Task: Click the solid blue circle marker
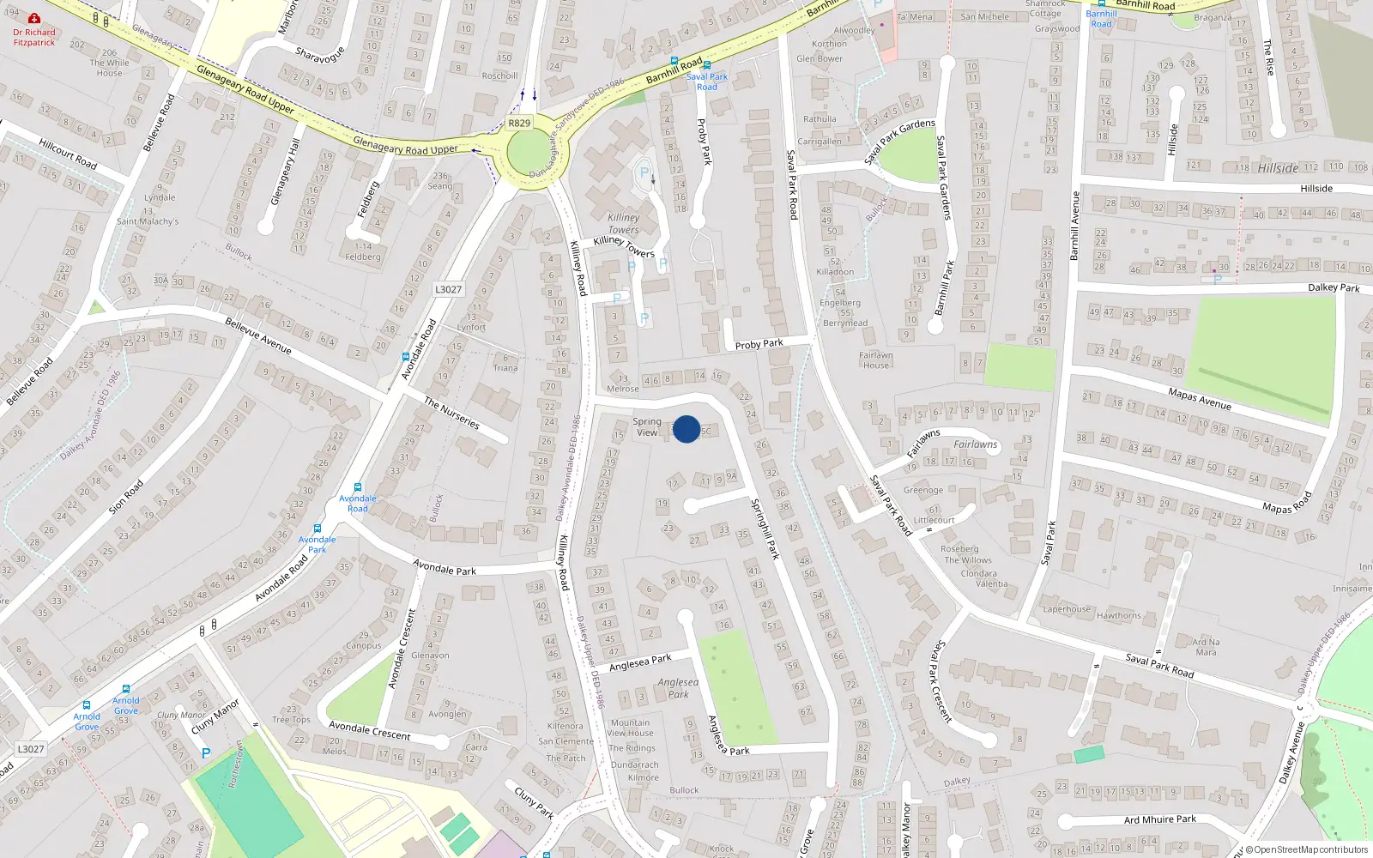[686, 429]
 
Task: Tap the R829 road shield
[519, 123]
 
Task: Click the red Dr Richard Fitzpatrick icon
[34, 18]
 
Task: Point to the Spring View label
[647, 427]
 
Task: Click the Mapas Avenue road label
[1200, 399]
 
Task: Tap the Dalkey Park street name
[1334, 288]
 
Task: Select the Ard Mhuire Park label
[1160, 819]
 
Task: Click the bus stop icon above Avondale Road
[358, 487]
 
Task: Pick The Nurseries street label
[451, 413]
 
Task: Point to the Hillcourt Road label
[68, 154]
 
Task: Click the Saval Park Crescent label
[942, 681]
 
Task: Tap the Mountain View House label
[631, 728]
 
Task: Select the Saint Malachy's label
[148, 221]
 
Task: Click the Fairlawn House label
[876, 360]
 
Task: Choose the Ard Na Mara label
[1206, 647]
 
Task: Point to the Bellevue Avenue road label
[258, 335]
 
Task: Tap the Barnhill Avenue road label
[1075, 226]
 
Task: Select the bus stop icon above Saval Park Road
[707, 64]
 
